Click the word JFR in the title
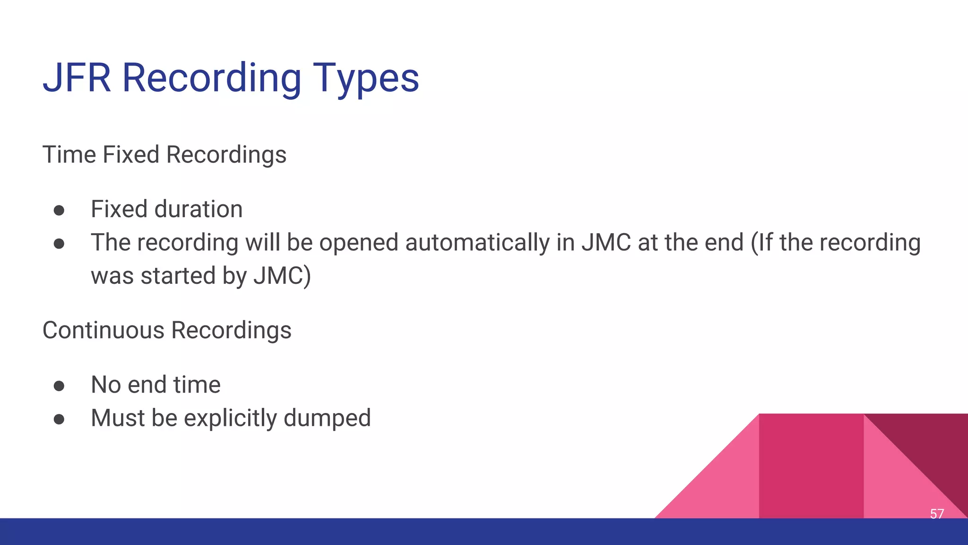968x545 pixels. tap(77, 78)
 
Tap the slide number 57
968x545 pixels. tap(936, 514)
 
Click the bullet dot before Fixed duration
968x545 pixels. tap(59, 210)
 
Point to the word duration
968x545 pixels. tap(199, 209)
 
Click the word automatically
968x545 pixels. tap(477, 243)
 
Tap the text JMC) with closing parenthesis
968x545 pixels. tap(282, 276)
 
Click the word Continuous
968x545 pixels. tap(103, 330)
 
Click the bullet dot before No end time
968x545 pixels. tap(59, 386)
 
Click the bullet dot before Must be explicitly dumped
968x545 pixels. tap(59, 419)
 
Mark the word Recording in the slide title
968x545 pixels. tap(211, 78)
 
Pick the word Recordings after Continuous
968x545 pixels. tap(231, 330)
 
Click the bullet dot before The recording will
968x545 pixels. tap(59, 244)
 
